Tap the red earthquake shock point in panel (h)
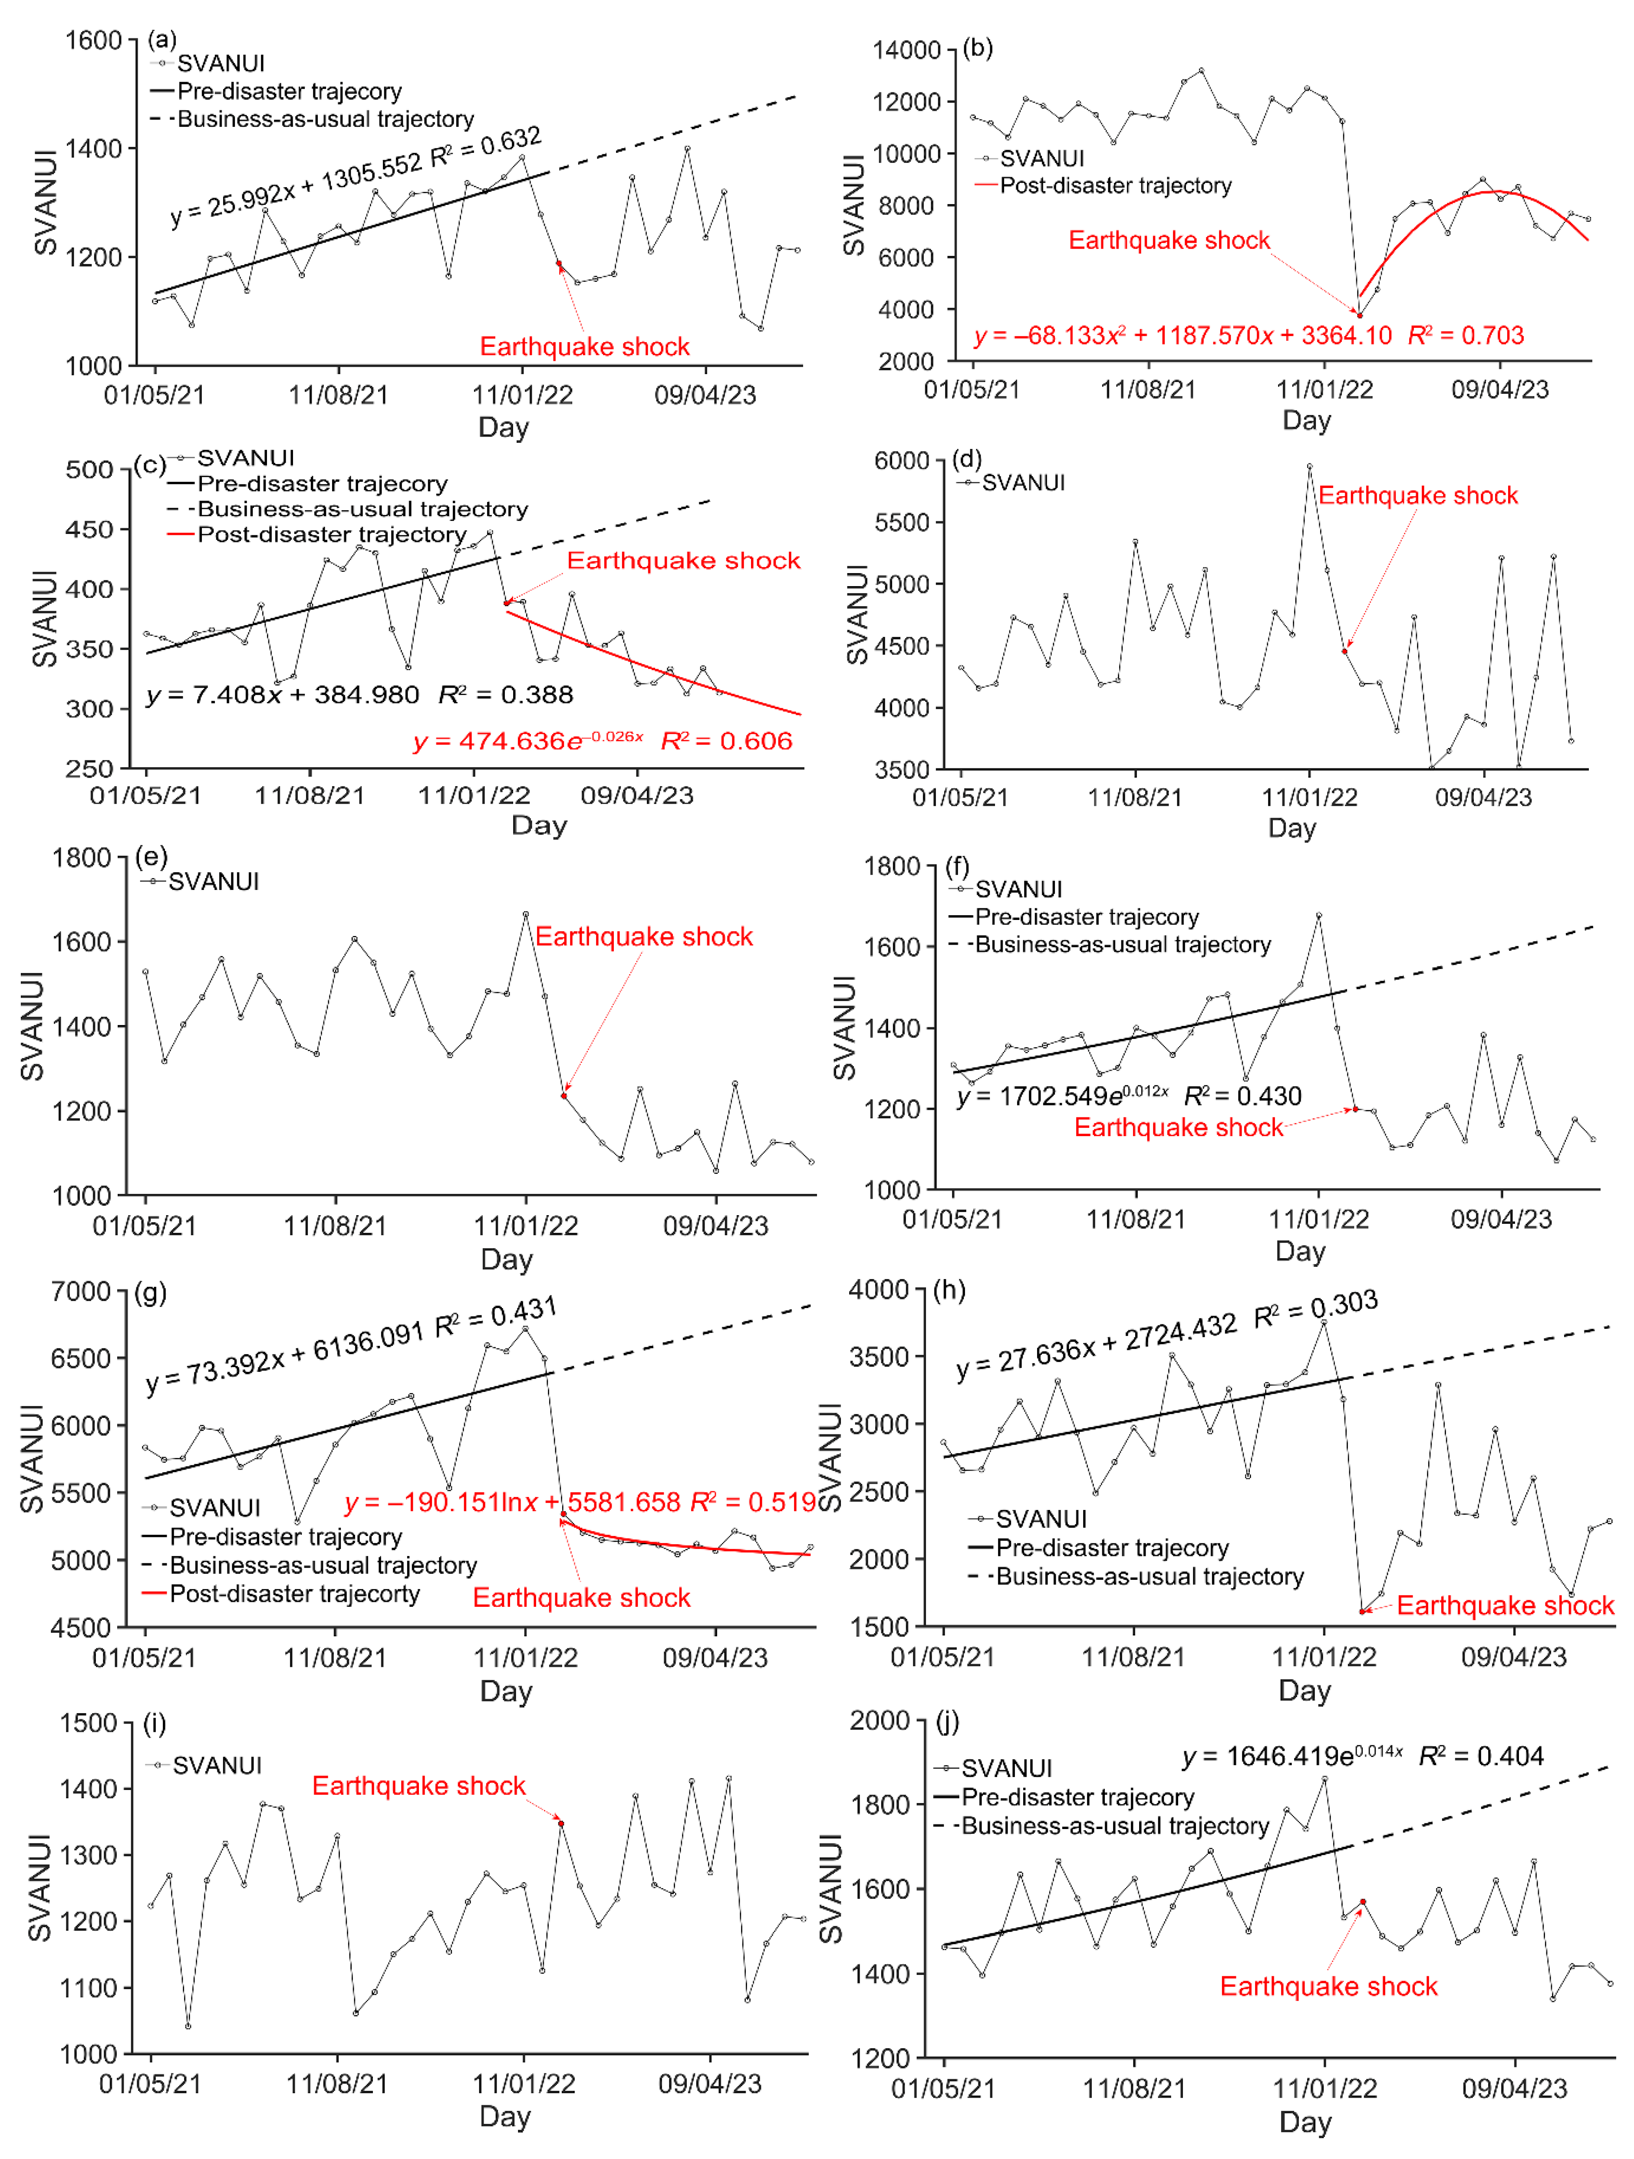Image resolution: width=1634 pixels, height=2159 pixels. pyautogui.click(x=1363, y=1612)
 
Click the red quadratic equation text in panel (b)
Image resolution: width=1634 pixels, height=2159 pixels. pyautogui.click(x=1182, y=336)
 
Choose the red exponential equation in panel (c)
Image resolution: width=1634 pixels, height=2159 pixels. pyautogui.click(x=528, y=742)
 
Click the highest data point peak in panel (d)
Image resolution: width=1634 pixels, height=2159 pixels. pyautogui.click(x=1309, y=467)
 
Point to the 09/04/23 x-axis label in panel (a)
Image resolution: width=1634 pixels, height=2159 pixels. pyautogui.click(x=705, y=396)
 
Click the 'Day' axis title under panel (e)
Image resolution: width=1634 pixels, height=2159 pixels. pyautogui.click(x=507, y=1259)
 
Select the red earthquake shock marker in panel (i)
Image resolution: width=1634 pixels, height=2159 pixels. pyautogui.click(x=560, y=1823)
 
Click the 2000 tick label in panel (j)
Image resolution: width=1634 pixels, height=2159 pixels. pyautogui.click(x=880, y=1721)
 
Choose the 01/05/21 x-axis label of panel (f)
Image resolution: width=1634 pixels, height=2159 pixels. pyautogui.click(x=952, y=1219)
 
